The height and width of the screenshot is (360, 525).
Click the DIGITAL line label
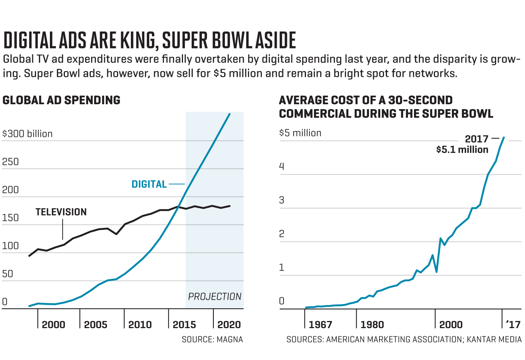point(149,184)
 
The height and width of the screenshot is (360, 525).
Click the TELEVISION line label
point(61,212)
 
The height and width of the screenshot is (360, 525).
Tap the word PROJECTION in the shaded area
point(214,297)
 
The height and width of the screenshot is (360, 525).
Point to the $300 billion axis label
point(27,134)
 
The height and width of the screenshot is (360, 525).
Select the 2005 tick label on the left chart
point(96,325)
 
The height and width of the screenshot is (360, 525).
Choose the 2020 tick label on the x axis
point(229,325)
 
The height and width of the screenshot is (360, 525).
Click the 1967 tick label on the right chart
point(320,325)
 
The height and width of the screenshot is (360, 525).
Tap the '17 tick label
point(513,325)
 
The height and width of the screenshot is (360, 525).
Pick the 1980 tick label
point(372,325)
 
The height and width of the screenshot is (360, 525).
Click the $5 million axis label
point(300,133)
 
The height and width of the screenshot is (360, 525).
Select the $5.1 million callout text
point(462,150)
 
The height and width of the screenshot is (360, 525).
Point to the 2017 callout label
point(477,139)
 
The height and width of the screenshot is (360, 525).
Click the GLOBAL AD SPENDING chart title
point(61,100)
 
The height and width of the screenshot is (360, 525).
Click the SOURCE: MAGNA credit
point(212,339)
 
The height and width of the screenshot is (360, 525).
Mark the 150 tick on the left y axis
point(10,218)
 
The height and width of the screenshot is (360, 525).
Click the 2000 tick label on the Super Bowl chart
point(451,325)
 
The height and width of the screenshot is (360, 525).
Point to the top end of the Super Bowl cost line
point(504,137)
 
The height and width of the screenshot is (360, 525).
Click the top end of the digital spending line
point(229,114)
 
